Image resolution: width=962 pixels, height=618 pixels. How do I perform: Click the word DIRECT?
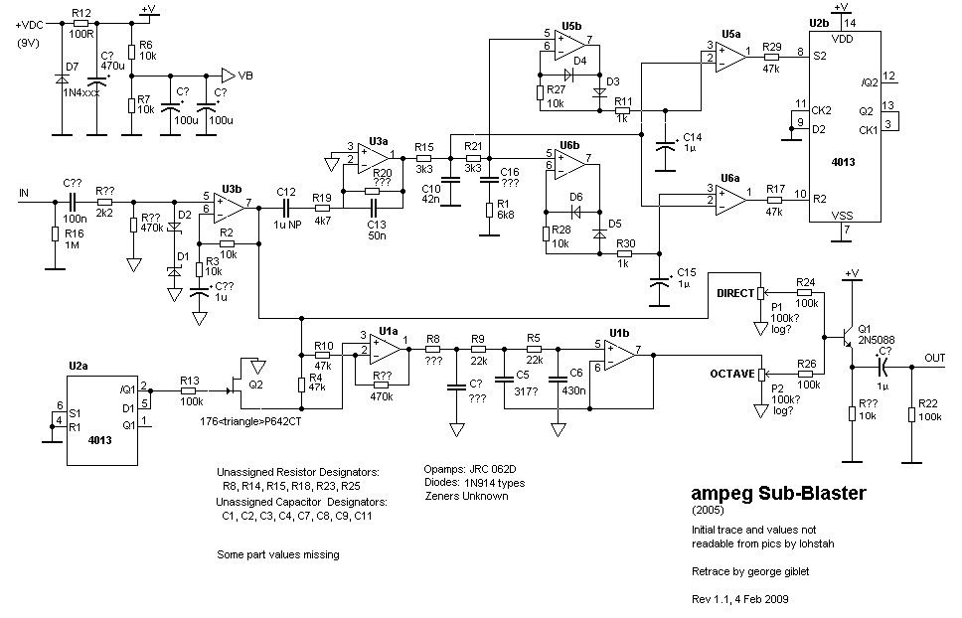point(735,293)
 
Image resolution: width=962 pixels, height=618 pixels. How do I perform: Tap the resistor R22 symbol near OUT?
point(912,412)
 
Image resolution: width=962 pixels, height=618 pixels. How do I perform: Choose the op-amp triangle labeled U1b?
point(621,356)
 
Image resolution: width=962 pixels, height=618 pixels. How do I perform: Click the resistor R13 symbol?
point(190,389)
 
